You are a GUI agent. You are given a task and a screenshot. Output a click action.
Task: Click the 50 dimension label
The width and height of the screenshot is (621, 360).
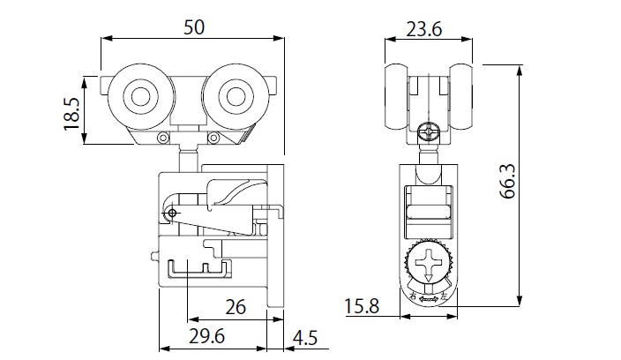[x=194, y=27]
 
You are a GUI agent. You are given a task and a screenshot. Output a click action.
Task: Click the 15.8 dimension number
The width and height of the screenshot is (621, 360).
[x=361, y=307]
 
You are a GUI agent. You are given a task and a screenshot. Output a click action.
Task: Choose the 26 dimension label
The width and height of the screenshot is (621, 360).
[x=235, y=307]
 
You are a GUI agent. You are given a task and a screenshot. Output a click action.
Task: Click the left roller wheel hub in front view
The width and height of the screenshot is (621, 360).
[x=138, y=97]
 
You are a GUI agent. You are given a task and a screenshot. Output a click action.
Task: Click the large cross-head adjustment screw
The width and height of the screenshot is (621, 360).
[x=430, y=263]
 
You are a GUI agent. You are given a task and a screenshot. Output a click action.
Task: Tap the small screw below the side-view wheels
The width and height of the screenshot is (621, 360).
[x=430, y=132]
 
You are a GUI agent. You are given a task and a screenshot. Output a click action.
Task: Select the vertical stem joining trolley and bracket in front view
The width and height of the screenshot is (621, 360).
[x=188, y=159]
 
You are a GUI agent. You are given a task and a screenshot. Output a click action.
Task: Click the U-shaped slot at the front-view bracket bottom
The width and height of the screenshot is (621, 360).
[x=198, y=266]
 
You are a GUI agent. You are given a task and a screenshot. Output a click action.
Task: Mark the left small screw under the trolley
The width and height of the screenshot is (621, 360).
[x=162, y=138]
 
